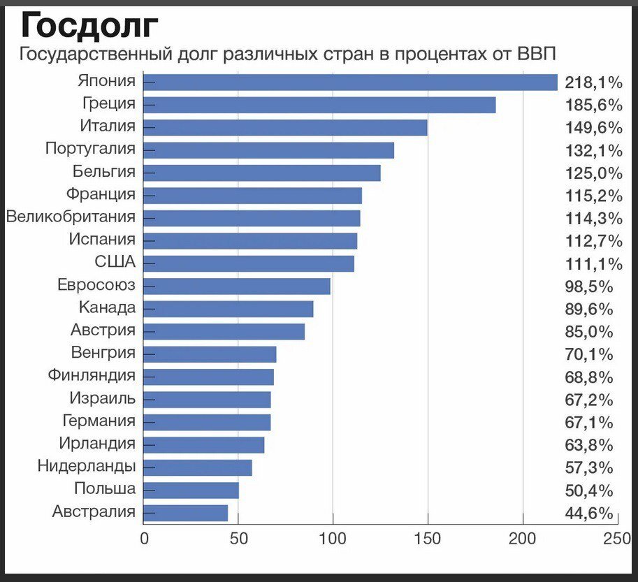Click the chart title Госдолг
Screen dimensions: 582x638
(90, 26)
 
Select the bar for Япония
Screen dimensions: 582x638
(350, 82)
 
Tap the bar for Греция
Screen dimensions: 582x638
(319, 105)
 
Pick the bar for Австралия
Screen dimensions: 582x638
(185, 512)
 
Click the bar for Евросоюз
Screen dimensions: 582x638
(236, 286)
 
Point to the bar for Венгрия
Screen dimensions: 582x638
(210, 354)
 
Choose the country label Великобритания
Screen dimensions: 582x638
(71, 217)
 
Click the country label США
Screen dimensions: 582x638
(115, 263)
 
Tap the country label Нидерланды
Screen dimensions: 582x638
(87, 466)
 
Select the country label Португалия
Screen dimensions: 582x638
(90, 150)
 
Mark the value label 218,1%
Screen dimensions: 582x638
(593, 83)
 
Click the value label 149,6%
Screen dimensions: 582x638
(593, 128)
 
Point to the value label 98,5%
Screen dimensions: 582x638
(588, 286)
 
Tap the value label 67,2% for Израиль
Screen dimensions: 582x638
(588, 400)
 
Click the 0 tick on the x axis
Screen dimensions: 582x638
(144, 539)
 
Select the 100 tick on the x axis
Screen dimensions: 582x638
(333, 539)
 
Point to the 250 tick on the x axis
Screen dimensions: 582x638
(617, 539)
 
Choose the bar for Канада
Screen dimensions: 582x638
(228, 309)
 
